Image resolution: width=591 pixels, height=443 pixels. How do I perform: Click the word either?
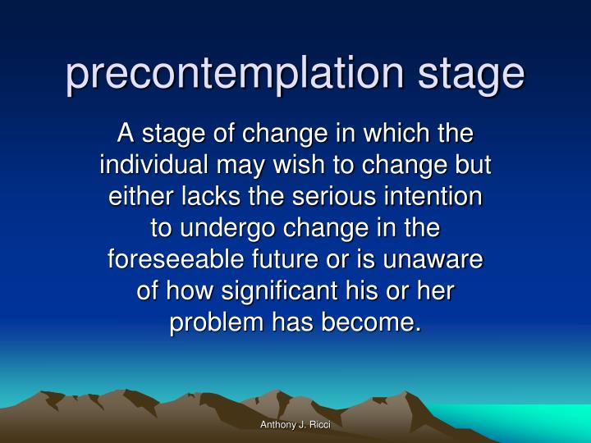click(x=134, y=196)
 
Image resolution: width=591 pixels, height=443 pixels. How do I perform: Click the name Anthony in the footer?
click(x=276, y=424)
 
